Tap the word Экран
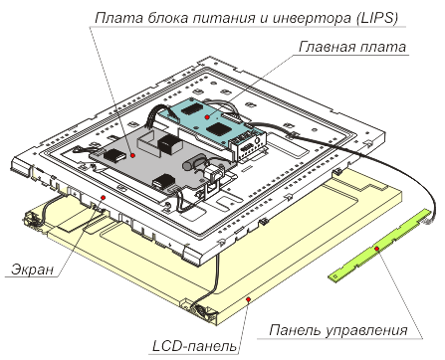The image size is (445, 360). coord(33,270)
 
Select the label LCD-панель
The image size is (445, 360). coord(195,346)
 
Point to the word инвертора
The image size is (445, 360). coord(312,18)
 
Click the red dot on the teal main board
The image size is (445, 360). coord(207,117)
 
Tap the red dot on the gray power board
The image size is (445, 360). coord(132,155)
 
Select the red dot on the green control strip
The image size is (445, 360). coord(376,249)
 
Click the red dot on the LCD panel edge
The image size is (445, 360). coord(248,299)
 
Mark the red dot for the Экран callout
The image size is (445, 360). coord(104,197)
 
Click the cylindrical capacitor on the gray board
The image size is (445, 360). coord(195,164)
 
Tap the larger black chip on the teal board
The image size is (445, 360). coord(218,128)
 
